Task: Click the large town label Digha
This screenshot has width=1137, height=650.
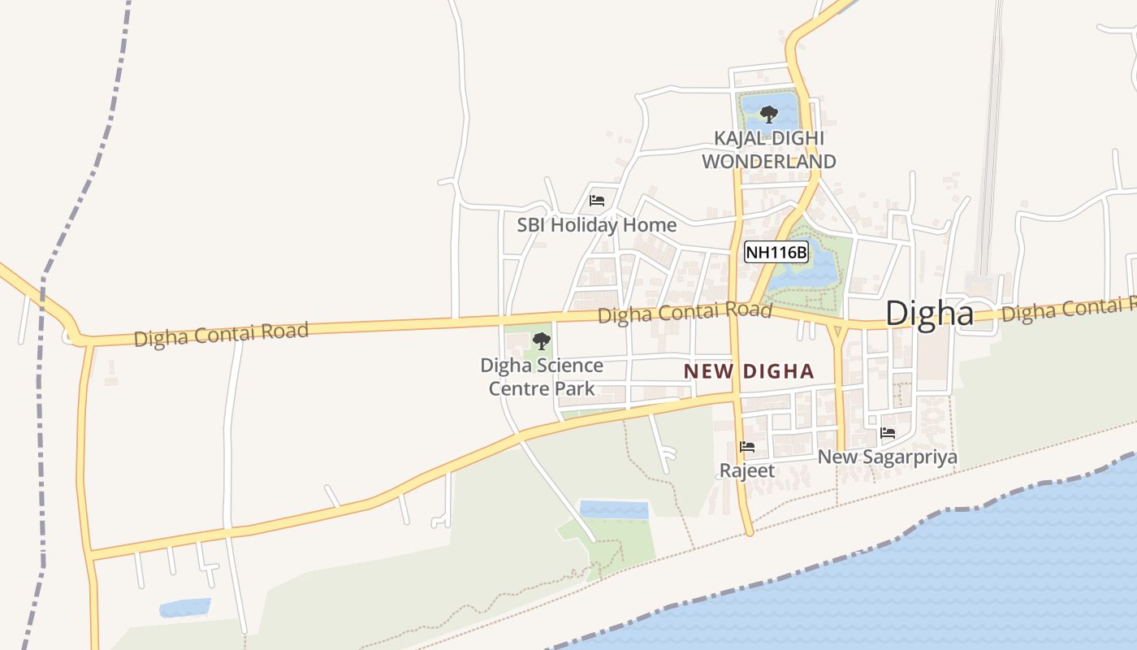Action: tap(929, 313)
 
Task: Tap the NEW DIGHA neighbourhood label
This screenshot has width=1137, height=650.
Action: tap(748, 371)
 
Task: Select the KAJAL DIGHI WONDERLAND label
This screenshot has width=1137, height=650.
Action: tap(768, 149)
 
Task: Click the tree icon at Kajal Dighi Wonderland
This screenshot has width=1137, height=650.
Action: tap(768, 114)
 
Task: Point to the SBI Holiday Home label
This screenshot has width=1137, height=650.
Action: tap(596, 225)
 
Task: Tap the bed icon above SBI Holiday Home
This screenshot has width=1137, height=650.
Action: tap(597, 200)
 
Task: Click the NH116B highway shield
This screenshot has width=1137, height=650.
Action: tap(776, 253)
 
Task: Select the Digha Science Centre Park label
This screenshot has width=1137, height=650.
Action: tap(541, 377)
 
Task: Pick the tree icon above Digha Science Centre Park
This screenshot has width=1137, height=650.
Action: tap(541, 340)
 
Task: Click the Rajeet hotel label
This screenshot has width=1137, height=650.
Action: tap(747, 470)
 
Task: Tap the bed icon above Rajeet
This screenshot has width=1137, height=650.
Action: tap(747, 446)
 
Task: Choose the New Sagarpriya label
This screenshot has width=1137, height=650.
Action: tap(887, 457)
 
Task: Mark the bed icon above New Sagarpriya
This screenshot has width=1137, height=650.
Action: tap(887, 432)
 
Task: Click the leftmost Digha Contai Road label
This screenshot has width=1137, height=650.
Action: tap(221, 334)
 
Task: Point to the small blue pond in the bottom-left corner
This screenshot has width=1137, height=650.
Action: tap(185, 608)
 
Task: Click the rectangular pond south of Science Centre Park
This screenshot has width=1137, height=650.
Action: tap(613, 510)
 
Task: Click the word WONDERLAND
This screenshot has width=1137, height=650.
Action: tap(768, 161)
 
